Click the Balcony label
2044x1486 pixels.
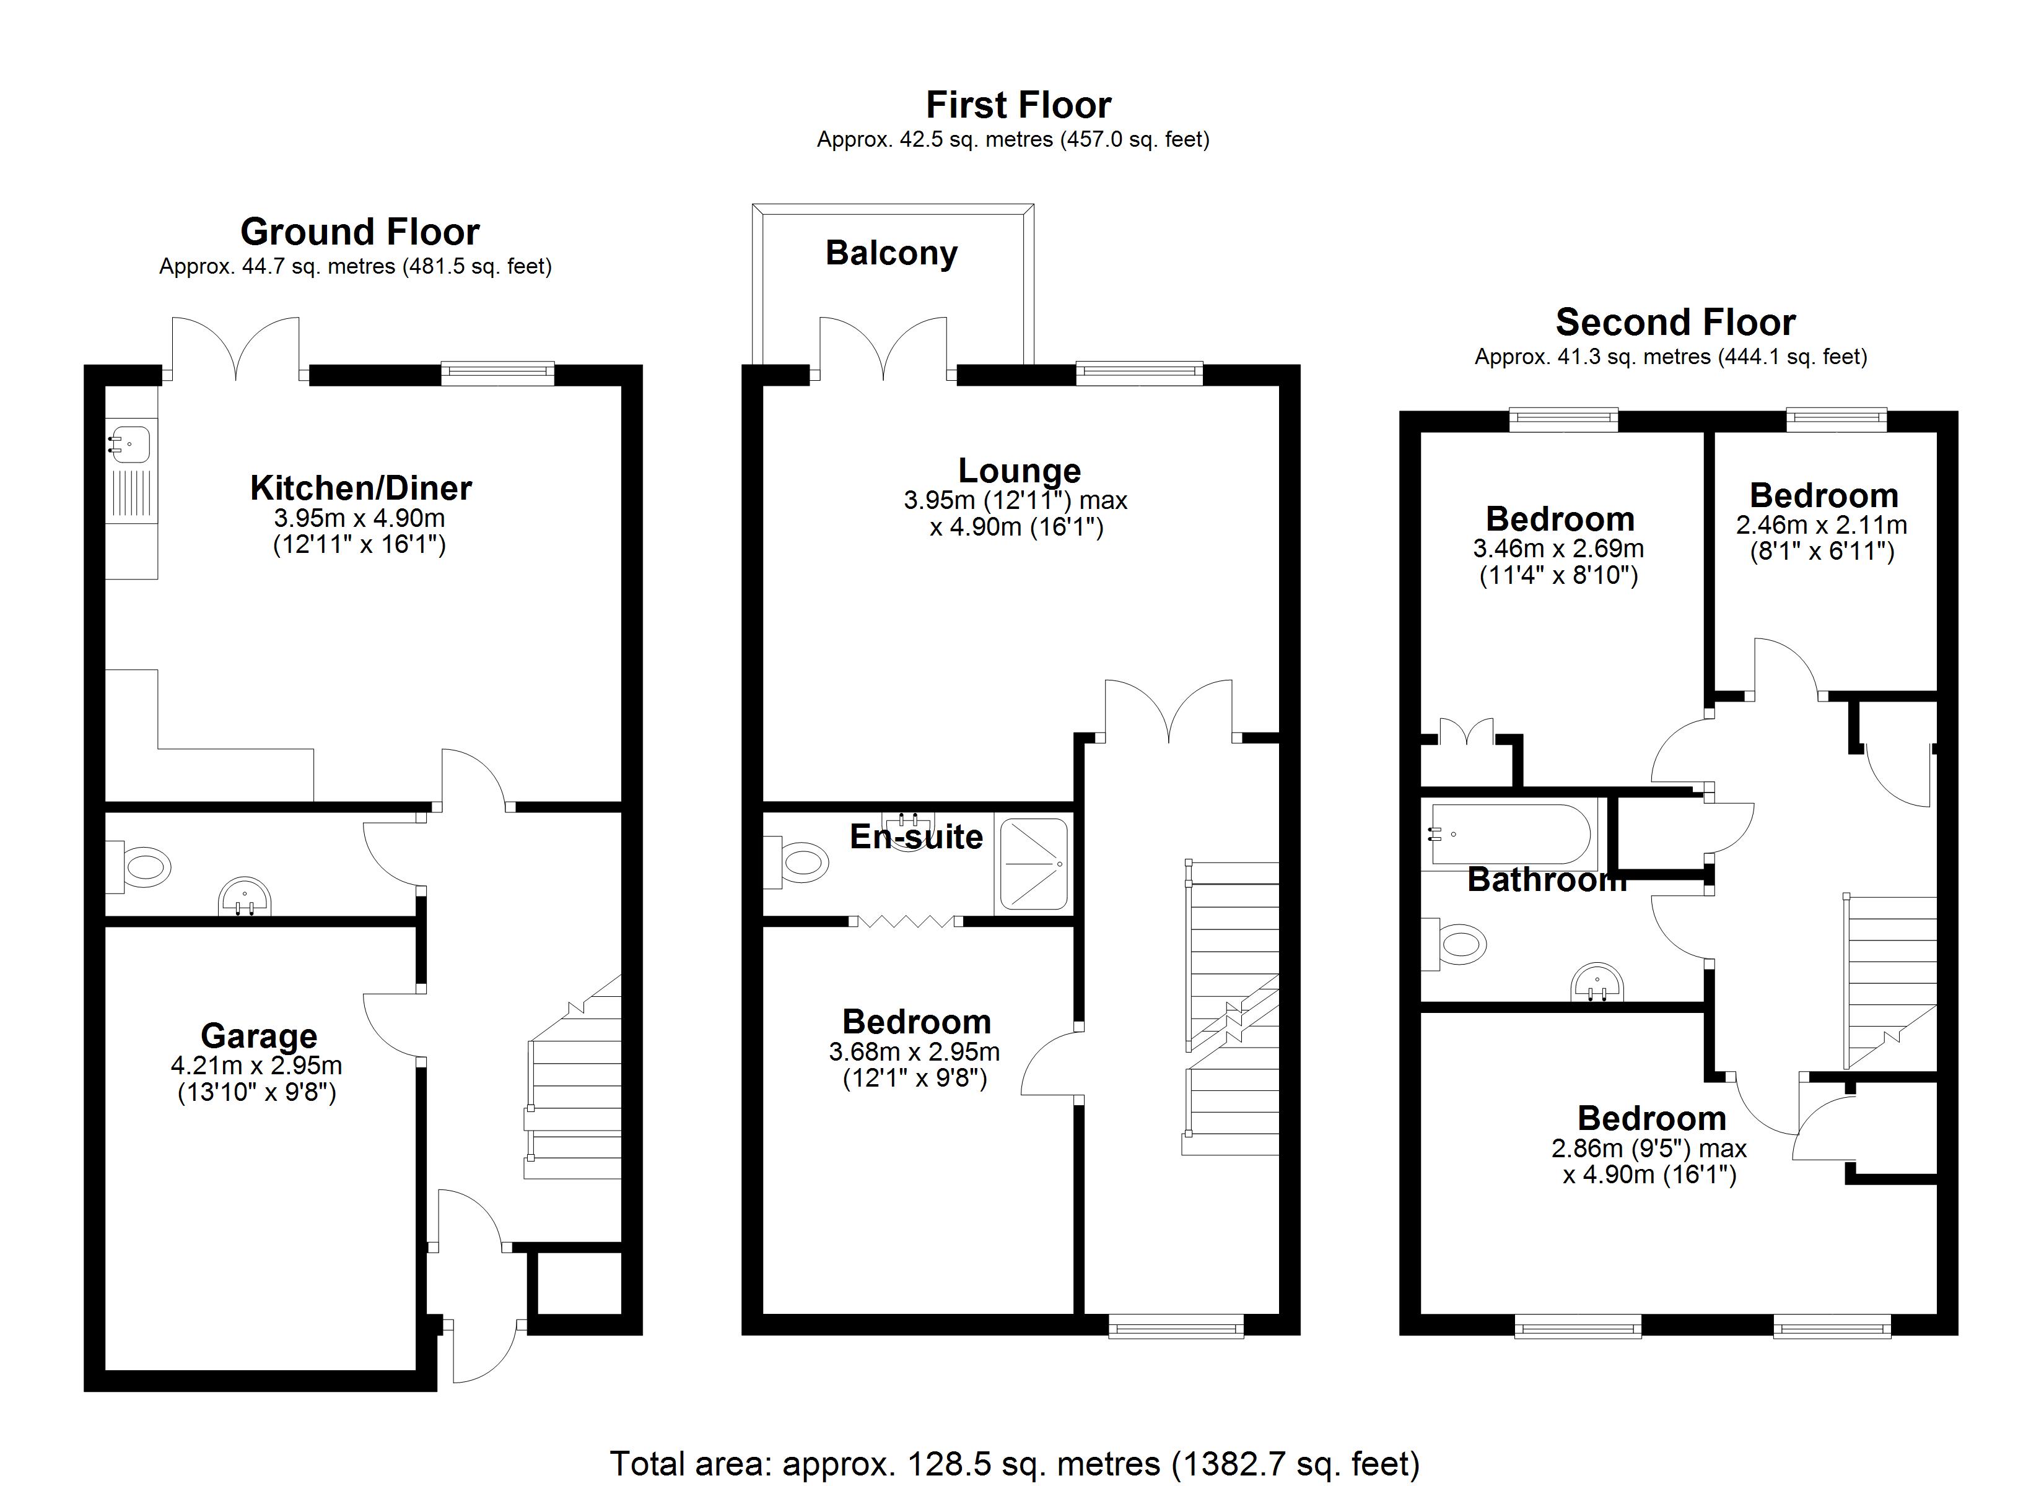pos(891,253)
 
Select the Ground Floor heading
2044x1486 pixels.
pos(360,232)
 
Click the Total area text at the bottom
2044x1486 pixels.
pos(1015,1464)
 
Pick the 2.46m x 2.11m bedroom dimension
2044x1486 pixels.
pos(1822,524)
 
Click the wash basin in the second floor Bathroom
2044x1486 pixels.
pos(1597,984)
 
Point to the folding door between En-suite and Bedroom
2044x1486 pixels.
pos(906,921)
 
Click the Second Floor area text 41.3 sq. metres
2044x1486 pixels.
pos(1670,357)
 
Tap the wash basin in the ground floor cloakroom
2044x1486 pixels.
pos(244,898)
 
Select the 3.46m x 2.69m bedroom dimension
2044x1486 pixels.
pos(1558,548)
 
